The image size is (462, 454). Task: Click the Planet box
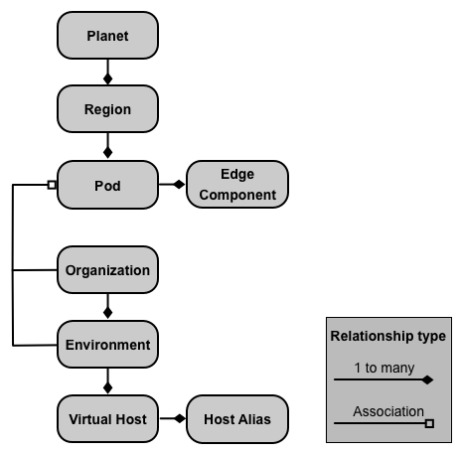[x=107, y=36]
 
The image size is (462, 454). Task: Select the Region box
[x=107, y=109]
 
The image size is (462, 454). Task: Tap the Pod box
[x=107, y=185]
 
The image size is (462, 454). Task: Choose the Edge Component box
[x=237, y=185]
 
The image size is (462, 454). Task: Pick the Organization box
[x=107, y=270]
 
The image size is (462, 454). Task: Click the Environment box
[x=107, y=345]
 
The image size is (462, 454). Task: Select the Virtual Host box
[x=107, y=419]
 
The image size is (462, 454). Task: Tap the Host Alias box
[x=237, y=419]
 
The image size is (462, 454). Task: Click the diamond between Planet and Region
[x=107, y=79]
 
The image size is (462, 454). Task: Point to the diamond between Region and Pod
[x=107, y=153]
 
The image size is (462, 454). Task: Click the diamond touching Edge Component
[x=179, y=185]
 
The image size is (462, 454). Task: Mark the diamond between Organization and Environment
[x=107, y=313]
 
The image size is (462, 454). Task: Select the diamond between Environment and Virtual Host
[x=107, y=387]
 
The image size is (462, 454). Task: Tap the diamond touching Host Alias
[x=180, y=418]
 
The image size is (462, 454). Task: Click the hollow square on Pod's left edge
[x=52, y=185]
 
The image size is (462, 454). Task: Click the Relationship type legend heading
[x=388, y=336]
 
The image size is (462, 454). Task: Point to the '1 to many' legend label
[x=385, y=368]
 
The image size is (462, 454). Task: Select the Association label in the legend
[x=388, y=411]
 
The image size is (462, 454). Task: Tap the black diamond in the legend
[x=427, y=379]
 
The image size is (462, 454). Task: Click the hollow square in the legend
[x=429, y=423]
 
